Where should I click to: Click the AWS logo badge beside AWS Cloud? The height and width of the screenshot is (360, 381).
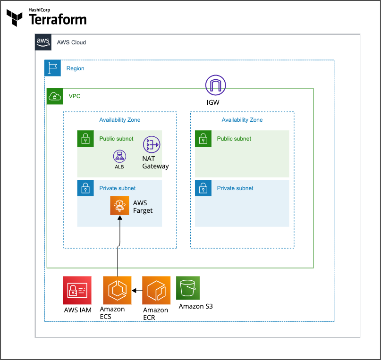[x=43, y=42]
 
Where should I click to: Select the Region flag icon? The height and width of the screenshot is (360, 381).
[x=52, y=68]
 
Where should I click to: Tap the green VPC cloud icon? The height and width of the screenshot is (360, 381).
[x=55, y=96]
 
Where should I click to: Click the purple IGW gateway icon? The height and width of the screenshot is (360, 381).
[x=215, y=85]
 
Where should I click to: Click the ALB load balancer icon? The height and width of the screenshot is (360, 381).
[x=119, y=156]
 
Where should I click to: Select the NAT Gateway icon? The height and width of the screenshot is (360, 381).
[x=152, y=144]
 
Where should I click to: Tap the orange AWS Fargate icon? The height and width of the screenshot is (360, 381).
[x=119, y=206]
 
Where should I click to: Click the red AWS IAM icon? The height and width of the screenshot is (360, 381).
[x=77, y=290]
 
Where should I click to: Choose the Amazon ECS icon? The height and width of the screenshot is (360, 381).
[x=117, y=290]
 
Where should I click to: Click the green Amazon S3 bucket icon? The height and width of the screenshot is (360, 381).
[x=188, y=288]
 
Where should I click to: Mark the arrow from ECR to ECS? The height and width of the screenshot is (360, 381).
[x=137, y=291]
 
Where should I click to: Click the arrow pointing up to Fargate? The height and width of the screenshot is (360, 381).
[x=119, y=236]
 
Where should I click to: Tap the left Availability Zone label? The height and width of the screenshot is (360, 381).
[x=119, y=120]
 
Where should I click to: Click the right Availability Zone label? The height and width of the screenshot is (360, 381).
[x=242, y=120]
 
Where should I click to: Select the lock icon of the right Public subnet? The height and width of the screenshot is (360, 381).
[x=203, y=139]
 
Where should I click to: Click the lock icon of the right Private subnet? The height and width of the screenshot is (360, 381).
[x=203, y=188]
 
